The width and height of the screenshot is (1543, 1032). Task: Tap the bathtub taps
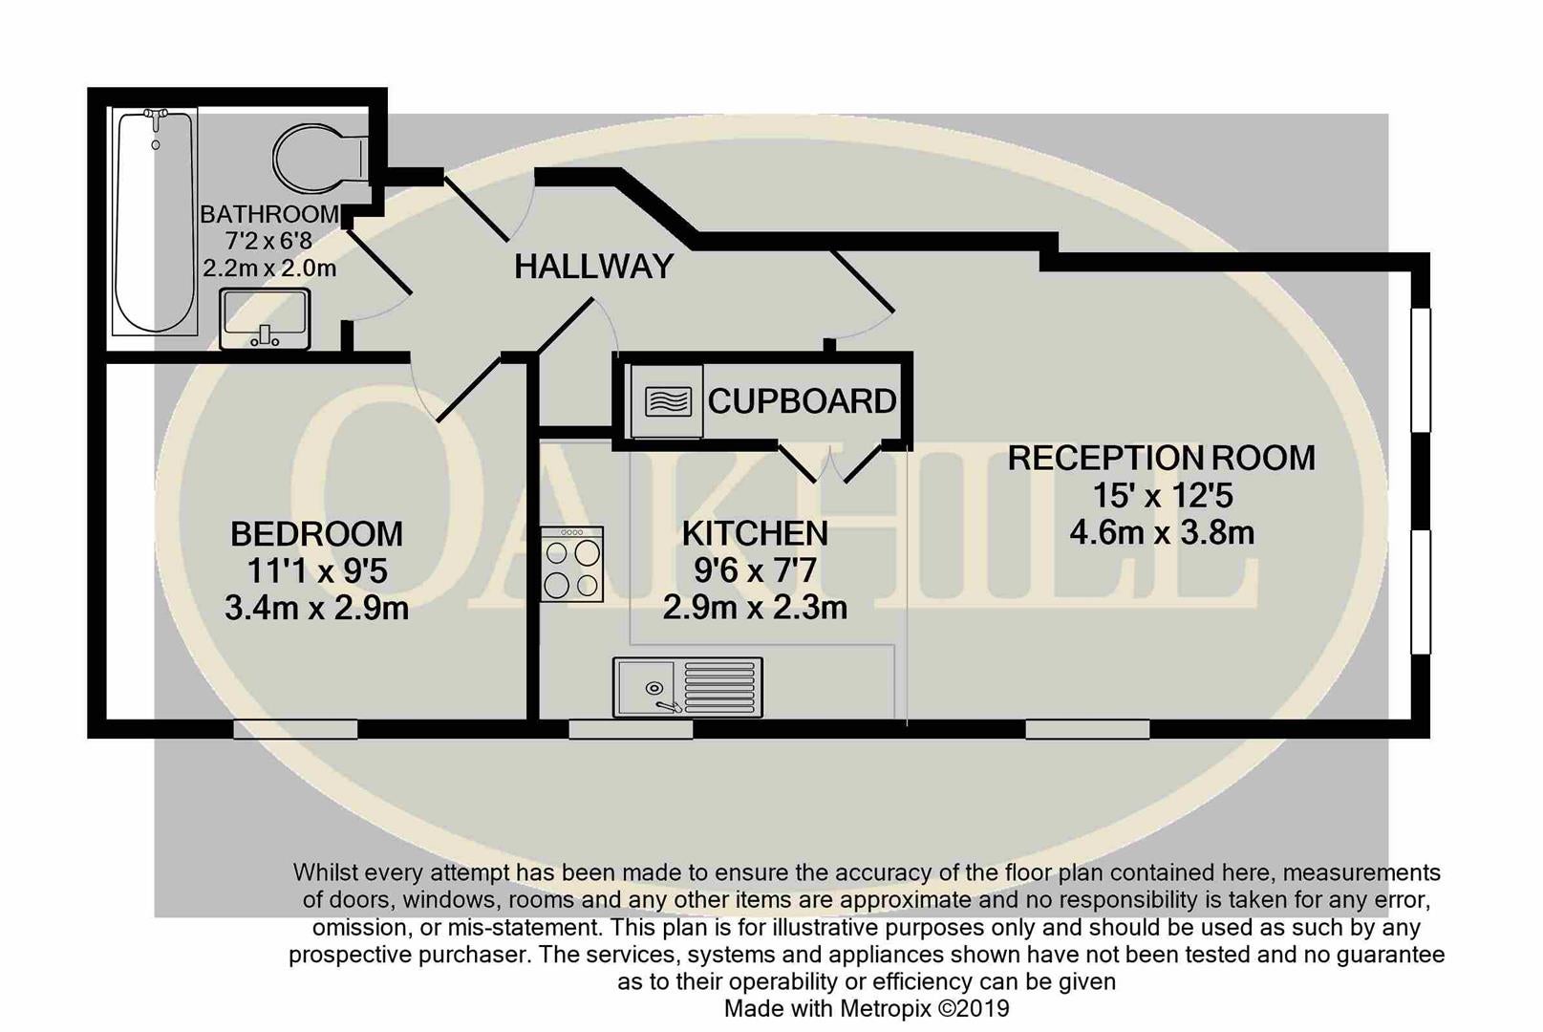click(156, 118)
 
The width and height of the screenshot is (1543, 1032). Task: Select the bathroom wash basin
click(265, 319)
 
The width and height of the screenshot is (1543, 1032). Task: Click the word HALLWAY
click(593, 267)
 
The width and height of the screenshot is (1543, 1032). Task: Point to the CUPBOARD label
click(802, 401)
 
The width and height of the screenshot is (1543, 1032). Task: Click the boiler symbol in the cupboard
click(668, 401)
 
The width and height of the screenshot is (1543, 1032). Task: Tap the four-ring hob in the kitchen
click(571, 564)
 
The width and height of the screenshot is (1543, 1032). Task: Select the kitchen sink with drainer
click(688, 687)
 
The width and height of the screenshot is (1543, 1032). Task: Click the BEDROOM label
click(317, 534)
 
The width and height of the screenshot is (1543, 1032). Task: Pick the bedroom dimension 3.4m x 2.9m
click(317, 609)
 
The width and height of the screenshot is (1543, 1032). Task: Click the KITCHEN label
click(755, 533)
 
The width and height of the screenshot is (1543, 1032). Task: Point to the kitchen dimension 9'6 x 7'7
click(755, 570)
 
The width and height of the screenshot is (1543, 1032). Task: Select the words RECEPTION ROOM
click(1162, 458)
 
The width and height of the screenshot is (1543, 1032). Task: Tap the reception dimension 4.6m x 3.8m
click(1162, 532)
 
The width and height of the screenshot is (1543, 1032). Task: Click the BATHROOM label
click(269, 214)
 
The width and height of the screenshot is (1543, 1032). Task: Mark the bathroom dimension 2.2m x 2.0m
click(269, 268)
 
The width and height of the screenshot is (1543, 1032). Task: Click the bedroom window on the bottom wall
click(295, 729)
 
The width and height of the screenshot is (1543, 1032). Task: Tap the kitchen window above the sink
click(631, 729)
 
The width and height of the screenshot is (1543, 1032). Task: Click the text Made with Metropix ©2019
click(867, 1008)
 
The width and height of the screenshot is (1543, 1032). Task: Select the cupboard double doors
click(830, 462)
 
